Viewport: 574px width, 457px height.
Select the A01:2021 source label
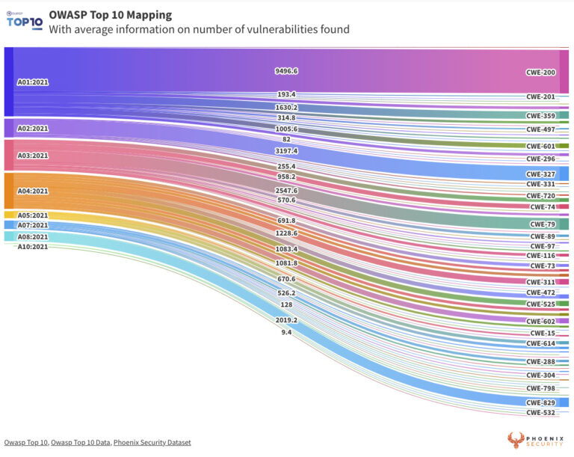coord(32,82)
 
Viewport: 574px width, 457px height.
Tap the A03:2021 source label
coord(32,156)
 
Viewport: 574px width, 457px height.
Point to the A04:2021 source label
coord(32,191)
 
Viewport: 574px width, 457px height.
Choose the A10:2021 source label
coord(32,246)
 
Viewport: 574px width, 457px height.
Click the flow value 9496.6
coord(286,71)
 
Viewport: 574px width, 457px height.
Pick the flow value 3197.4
coord(286,151)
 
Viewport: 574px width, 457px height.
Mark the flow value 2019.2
coord(286,320)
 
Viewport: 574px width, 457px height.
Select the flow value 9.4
coord(286,332)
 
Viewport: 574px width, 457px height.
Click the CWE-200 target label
coord(540,72)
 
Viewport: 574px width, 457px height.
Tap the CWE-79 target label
coord(543,224)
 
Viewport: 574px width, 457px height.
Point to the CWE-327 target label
coord(540,174)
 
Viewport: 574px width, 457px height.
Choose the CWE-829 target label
coord(540,402)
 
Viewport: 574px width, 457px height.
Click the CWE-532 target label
coord(540,412)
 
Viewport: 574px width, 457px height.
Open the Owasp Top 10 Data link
coord(81,443)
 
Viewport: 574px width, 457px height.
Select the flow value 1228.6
coord(286,234)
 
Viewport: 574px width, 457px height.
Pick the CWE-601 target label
coord(540,147)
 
